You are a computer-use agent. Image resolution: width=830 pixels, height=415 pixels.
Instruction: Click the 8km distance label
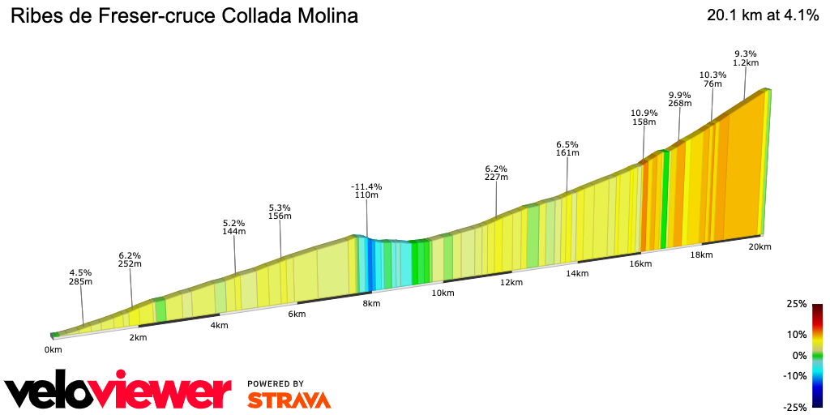[371, 304]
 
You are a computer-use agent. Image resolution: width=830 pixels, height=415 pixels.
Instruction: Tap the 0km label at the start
[53, 350]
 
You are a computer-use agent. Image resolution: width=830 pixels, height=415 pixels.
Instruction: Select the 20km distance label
[760, 246]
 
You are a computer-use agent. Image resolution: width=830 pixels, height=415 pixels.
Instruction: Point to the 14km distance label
[577, 274]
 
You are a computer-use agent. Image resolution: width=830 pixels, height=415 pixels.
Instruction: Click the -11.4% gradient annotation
[367, 190]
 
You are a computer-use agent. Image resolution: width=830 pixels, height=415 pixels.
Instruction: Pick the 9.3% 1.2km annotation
[746, 58]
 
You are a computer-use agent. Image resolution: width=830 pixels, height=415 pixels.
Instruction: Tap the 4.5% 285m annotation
[80, 277]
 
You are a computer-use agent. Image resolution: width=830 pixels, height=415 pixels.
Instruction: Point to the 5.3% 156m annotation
[280, 212]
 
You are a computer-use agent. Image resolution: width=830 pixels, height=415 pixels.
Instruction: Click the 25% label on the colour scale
[797, 304]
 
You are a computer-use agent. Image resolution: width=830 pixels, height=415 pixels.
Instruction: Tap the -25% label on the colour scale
[795, 407]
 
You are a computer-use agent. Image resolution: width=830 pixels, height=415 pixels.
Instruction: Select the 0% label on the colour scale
[799, 355]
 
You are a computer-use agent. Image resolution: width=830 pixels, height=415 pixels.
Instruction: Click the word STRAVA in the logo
[289, 400]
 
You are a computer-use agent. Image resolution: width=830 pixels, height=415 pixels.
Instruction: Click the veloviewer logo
[118, 391]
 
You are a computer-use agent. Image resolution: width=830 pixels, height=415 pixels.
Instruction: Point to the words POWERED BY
[276, 383]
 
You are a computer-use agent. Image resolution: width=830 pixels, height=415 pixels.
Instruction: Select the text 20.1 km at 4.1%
[762, 15]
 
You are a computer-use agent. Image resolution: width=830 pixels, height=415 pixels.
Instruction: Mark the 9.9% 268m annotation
[680, 99]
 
